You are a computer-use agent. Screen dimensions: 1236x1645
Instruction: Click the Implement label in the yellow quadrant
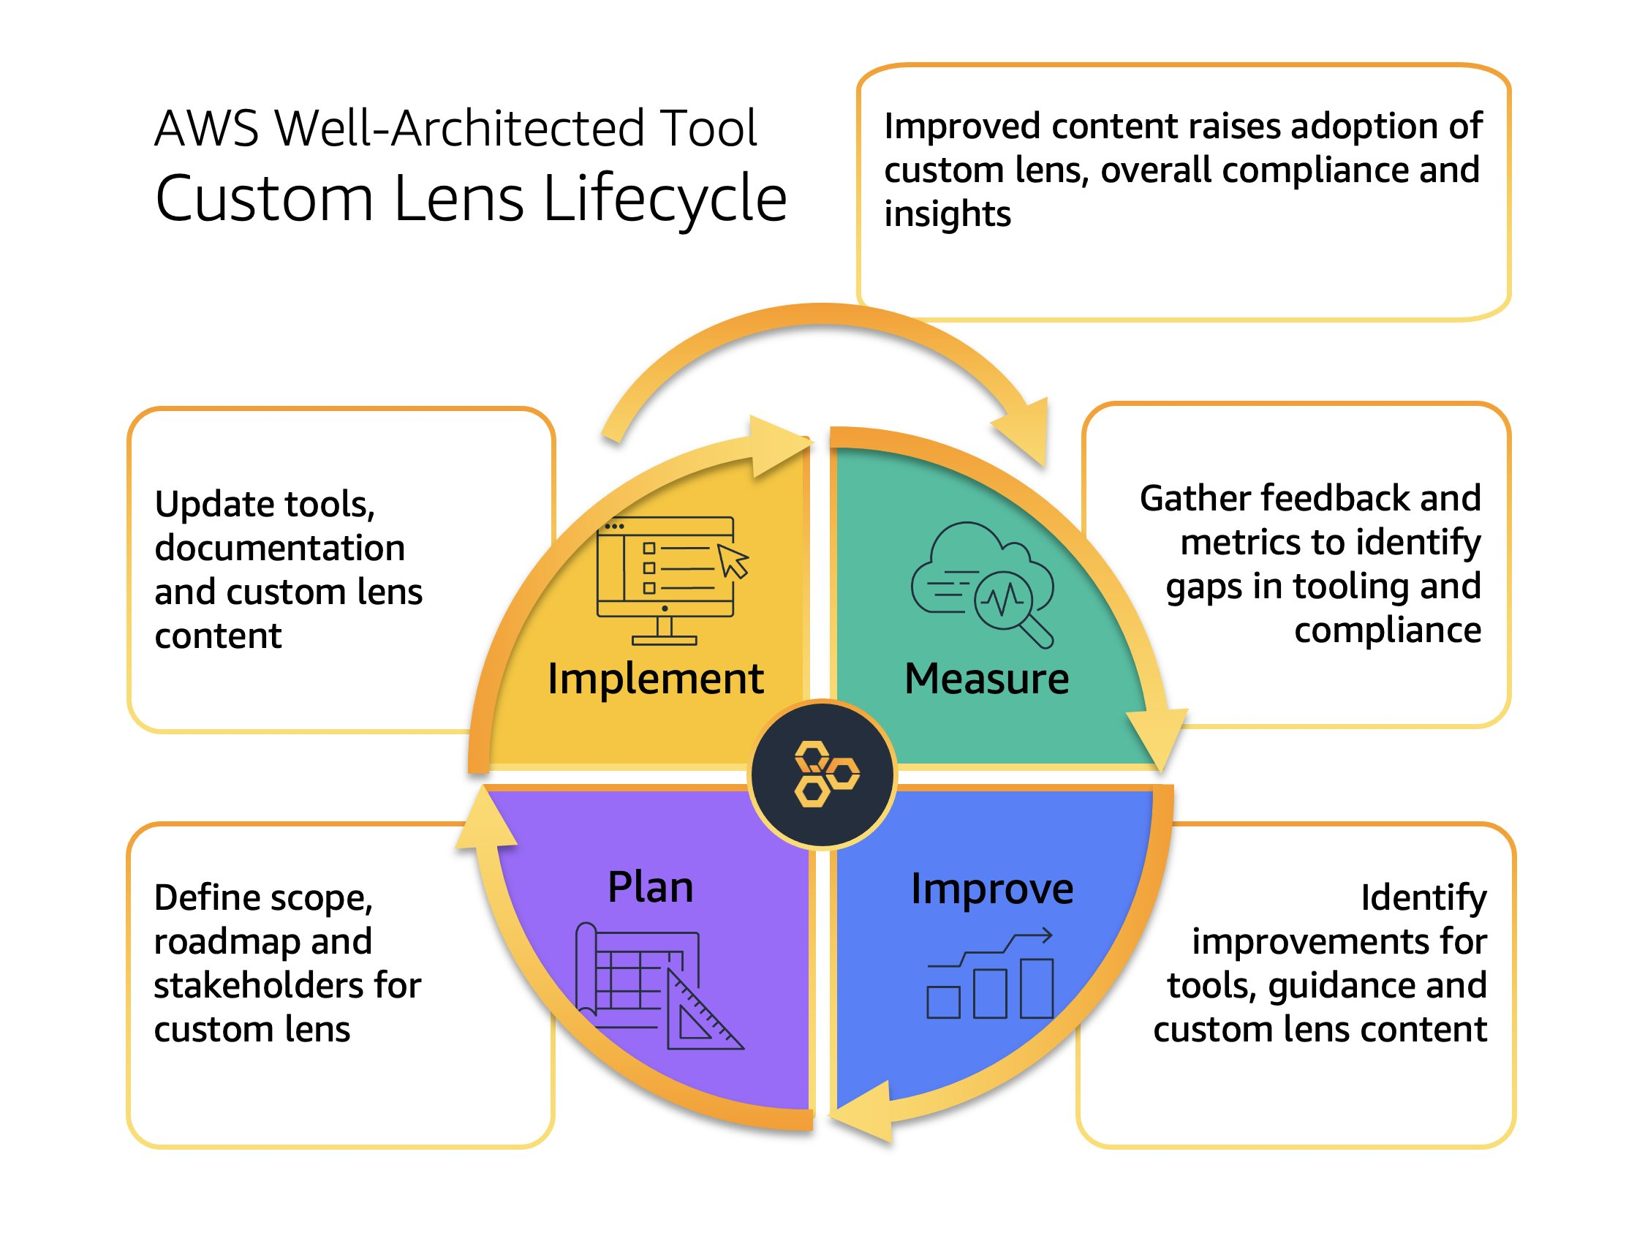coord(654,679)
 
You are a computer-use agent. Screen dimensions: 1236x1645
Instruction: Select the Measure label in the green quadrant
coord(986,679)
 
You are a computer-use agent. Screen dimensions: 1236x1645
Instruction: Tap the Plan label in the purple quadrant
coord(650,887)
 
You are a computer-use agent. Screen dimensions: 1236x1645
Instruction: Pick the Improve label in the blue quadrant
coord(991,889)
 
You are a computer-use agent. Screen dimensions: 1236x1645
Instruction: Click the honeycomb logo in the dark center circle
coord(824,774)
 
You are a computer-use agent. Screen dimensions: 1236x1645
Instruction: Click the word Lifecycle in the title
coord(664,199)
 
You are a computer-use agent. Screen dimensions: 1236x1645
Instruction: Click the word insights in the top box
coord(947,214)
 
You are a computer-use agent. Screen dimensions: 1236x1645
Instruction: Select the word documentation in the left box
coord(279,549)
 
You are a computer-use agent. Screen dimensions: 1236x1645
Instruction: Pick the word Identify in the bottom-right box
coord(1423,897)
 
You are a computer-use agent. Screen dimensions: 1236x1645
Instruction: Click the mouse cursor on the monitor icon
coord(733,560)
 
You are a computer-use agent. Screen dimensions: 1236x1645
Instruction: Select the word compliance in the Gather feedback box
coord(1387,631)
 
